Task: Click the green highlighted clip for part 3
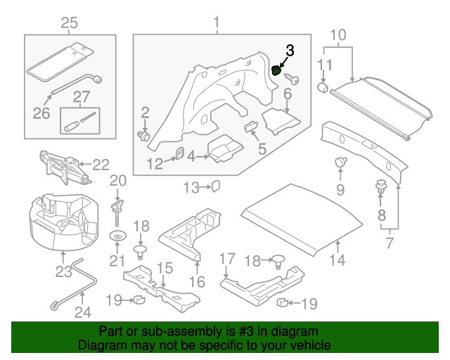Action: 277,70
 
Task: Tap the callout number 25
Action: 69,24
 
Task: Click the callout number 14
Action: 338,260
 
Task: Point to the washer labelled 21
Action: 117,236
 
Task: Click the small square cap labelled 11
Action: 325,87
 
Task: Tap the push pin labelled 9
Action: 341,162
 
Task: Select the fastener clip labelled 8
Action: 382,188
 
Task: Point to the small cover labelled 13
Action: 217,186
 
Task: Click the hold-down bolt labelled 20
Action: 117,206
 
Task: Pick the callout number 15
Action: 164,267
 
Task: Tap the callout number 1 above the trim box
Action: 217,24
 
